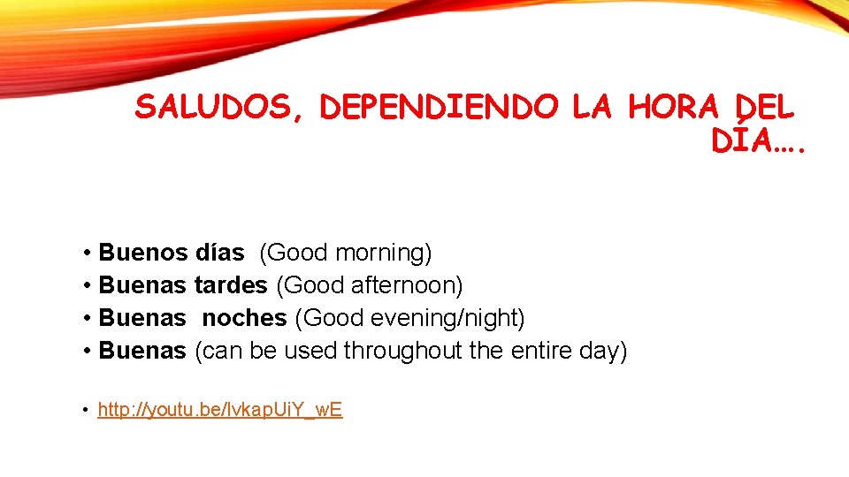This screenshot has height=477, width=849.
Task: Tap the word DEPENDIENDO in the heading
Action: pos(440,108)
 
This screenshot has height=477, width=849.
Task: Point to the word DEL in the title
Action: pos(763,108)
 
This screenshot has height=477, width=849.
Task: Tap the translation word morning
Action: pos(382,253)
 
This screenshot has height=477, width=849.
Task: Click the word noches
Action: pos(244,318)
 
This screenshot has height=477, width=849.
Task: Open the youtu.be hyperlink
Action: pos(219,410)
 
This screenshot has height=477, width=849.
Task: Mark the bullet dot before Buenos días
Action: pos(88,254)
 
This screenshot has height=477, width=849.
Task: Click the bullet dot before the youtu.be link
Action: pos(84,410)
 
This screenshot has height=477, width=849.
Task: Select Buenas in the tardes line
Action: pos(142,285)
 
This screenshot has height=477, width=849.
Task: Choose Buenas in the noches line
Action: pos(142,318)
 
